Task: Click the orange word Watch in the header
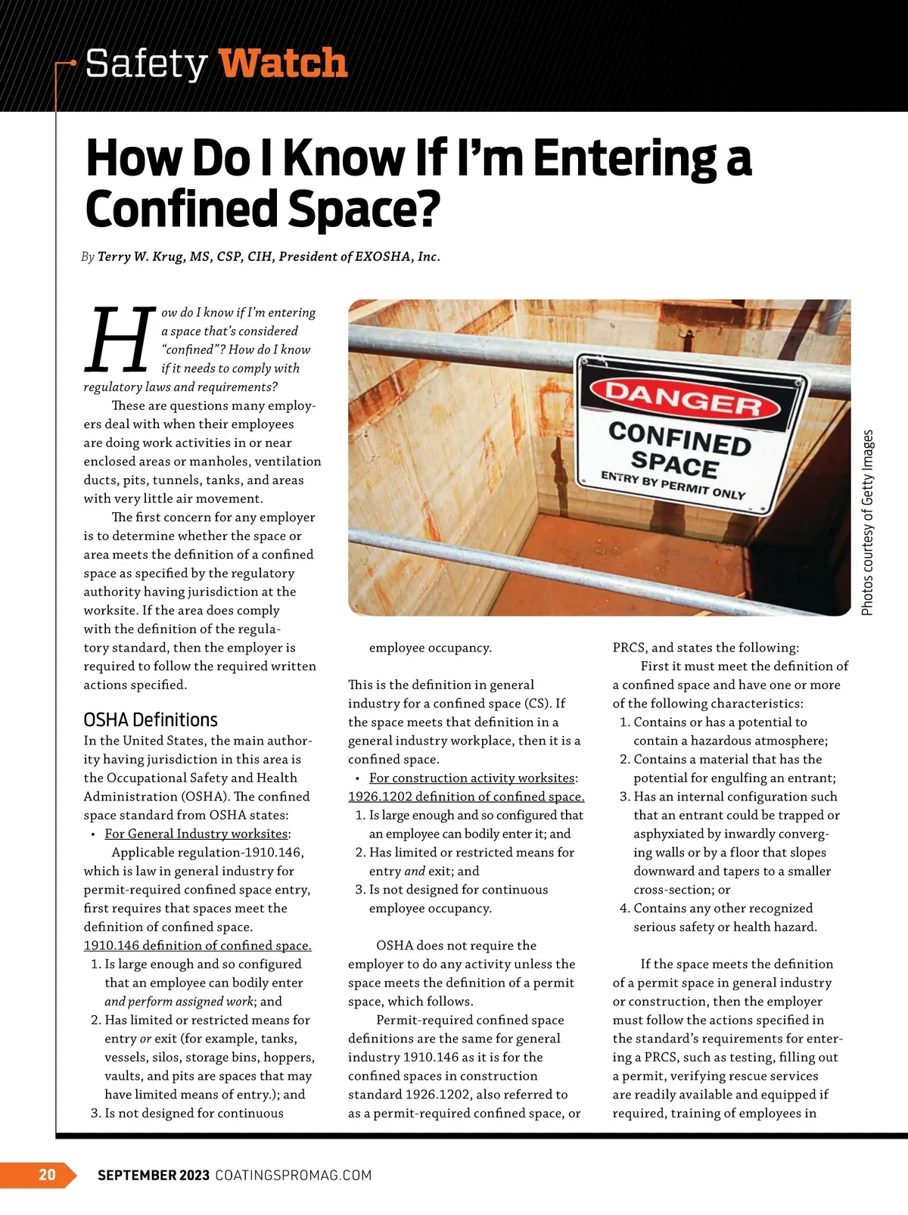pos(284,64)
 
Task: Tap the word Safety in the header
pos(146,64)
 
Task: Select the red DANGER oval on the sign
pos(683,398)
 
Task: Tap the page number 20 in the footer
pos(47,1174)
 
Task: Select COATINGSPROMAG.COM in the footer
pos(294,1175)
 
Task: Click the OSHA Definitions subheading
pos(151,719)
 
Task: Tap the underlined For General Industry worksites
pos(197,834)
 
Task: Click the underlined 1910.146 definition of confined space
pos(197,945)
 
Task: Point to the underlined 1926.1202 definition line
pos(466,797)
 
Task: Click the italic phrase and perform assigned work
pos(179,1001)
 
